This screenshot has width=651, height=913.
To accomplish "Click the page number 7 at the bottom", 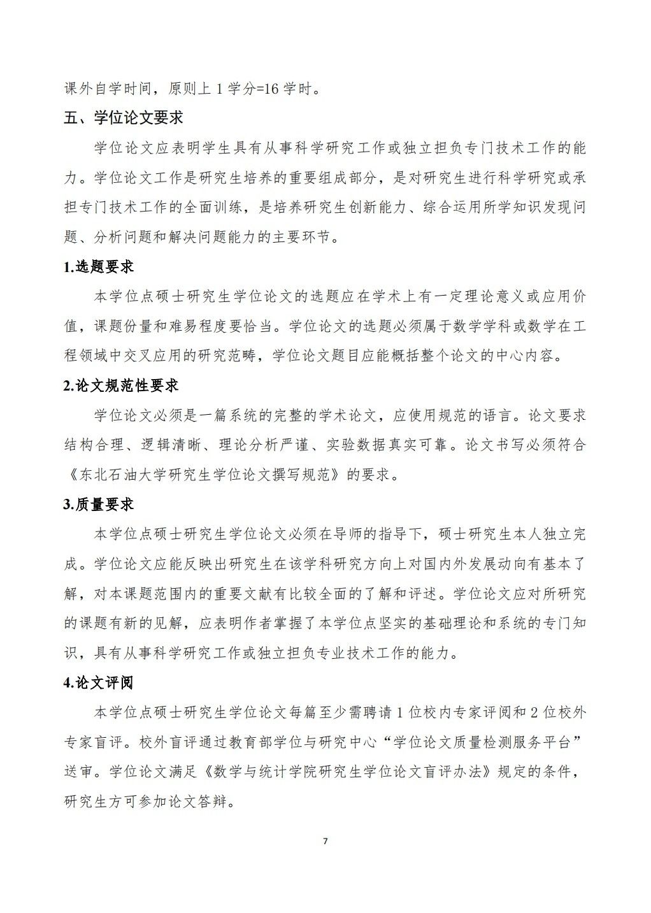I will click(x=325, y=841).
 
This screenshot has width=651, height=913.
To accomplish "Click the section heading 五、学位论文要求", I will click(x=124, y=118).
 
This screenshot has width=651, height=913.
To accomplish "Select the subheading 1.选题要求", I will click(x=99, y=267).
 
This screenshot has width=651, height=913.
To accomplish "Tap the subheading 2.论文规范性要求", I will click(x=121, y=385).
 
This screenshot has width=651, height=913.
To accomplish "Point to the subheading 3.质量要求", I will click(x=99, y=504).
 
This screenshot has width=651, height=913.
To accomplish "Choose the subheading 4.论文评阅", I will click(x=99, y=682).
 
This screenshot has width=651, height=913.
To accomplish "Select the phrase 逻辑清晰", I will click(x=171, y=445).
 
